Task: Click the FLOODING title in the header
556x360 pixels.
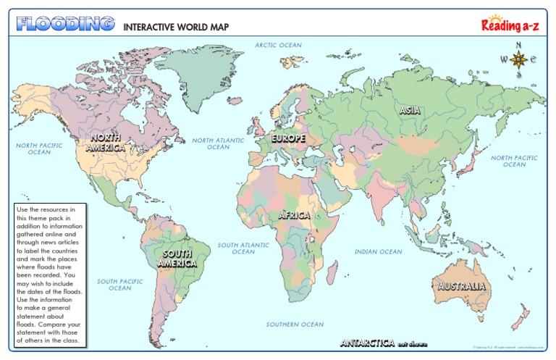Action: point(66,25)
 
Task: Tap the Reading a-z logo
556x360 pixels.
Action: point(511,25)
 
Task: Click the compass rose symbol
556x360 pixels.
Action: point(518,60)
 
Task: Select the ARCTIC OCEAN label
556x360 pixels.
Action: point(278,45)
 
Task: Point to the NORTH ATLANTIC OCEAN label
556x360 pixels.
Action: point(218,143)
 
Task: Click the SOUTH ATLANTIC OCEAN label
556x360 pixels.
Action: point(243,248)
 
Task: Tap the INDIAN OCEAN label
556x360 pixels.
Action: point(378,252)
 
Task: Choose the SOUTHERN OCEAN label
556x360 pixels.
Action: point(295,325)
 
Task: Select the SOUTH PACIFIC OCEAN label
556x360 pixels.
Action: point(120,284)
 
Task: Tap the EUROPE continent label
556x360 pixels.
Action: point(288,138)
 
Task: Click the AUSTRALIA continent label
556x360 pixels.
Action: point(461,286)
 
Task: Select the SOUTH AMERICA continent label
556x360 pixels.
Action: point(177,259)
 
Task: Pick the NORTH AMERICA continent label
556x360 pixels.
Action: point(105,143)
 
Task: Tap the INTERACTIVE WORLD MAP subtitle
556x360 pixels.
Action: point(176,27)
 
